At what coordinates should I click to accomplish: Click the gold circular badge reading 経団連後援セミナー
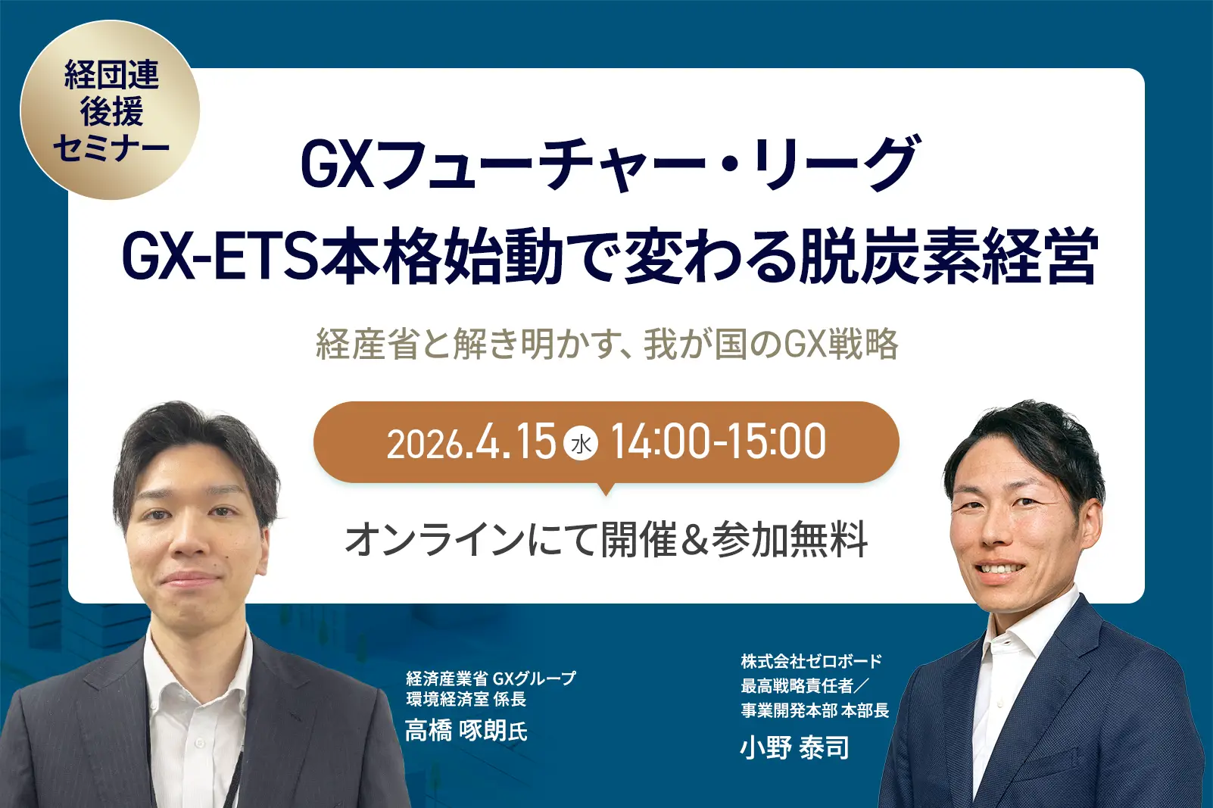110,110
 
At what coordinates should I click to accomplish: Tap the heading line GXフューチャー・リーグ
610,164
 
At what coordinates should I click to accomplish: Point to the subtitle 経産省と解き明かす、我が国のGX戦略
607,344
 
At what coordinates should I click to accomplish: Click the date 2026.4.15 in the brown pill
471,442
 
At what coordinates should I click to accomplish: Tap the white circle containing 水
581,445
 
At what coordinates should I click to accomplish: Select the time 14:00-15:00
718,442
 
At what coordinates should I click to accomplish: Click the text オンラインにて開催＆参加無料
606,539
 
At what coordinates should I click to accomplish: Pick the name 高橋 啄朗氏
466,731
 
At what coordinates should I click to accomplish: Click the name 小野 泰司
794,748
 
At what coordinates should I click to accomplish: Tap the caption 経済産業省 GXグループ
491,678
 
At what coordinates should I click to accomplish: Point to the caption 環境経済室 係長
466,699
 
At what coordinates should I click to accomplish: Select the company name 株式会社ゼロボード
811,661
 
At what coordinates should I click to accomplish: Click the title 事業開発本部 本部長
815,710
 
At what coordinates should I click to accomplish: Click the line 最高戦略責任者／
805,685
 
